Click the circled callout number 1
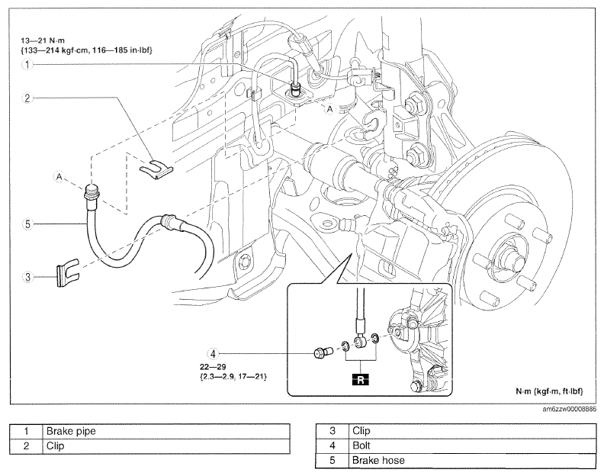click(27, 64)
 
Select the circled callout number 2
click(27, 98)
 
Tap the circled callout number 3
click(27, 277)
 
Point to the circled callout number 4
click(213, 353)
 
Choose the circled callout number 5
click(27, 224)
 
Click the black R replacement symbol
click(361, 380)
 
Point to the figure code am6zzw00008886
click(570, 410)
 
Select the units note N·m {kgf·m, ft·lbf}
click(549, 391)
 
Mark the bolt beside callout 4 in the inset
click(323, 353)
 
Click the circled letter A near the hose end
click(59, 176)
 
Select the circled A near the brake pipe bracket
click(329, 109)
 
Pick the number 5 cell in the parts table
click(332, 461)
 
